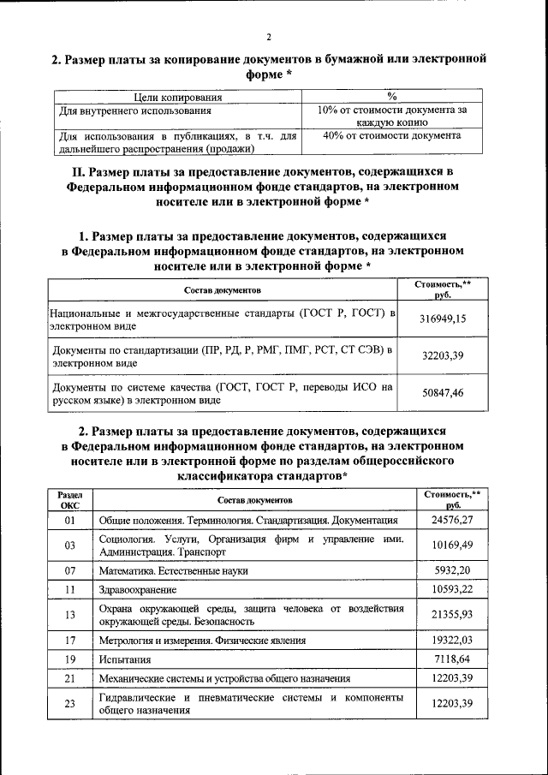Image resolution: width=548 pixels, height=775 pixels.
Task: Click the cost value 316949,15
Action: (x=442, y=318)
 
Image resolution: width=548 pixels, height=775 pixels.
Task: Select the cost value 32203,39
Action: (x=442, y=355)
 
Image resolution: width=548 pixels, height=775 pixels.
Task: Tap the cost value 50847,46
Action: (x=442, y=393)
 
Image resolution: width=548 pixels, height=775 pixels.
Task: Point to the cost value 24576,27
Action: (x=452, y=520)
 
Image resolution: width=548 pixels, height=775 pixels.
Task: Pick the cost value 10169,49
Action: (x=452, y=545)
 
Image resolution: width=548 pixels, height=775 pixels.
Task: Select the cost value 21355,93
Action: (x=452, y=615)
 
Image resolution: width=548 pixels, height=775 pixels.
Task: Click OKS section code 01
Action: (x=70, y=520)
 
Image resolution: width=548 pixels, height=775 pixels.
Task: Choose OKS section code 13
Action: (x=70, y=615)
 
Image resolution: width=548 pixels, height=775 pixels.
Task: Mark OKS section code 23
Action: (x=70, y=705)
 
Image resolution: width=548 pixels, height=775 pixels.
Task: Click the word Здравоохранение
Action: (x=138, y=590)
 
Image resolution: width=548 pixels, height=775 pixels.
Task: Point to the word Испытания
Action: (x=125, y=660)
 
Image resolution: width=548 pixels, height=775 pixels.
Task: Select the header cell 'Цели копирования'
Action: (x=180, y=97)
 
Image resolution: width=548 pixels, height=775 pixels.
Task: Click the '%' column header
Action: (x=391, y=97)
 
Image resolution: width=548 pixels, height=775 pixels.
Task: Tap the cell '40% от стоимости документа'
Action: (x=391, y=136)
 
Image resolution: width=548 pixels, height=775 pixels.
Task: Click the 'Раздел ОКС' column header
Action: (x=70, y=500)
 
